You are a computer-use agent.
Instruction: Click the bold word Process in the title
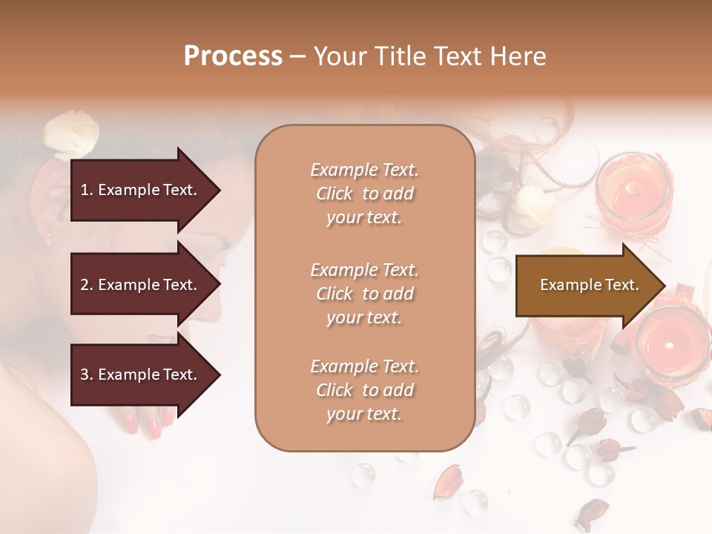tap(233, 56)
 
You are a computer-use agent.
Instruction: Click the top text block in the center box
tap(364, 194)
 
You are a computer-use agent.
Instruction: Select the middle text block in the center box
tap(364, 294)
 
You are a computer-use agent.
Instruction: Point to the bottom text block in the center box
tap(364, 390)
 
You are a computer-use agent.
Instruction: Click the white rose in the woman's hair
tap(70, 133)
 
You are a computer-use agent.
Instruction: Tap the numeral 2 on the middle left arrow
tap(84, 285)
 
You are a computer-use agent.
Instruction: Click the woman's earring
tap(49, 238)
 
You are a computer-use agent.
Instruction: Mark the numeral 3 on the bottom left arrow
tap(84, 375)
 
